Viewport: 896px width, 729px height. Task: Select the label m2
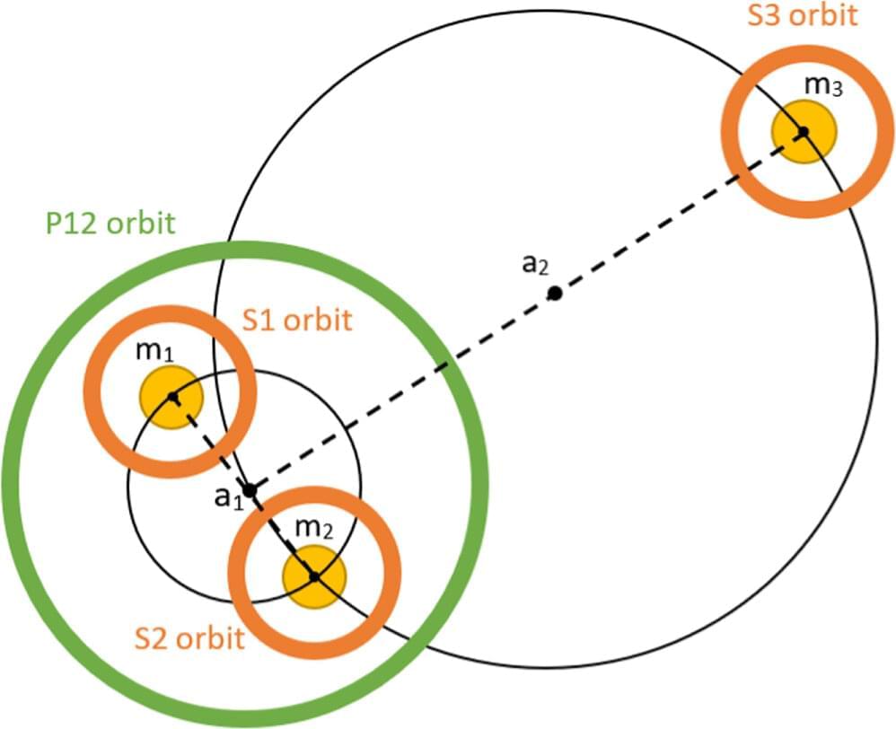tap(314, 530)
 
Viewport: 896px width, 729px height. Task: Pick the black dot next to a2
tap(555, 293)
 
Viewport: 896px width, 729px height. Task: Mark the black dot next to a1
tap(250, 490)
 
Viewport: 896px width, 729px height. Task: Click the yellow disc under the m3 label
tap(804, 132)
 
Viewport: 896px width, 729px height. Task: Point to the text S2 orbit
tap(189, 638)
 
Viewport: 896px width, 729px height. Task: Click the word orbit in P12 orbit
tap(138, 223)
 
